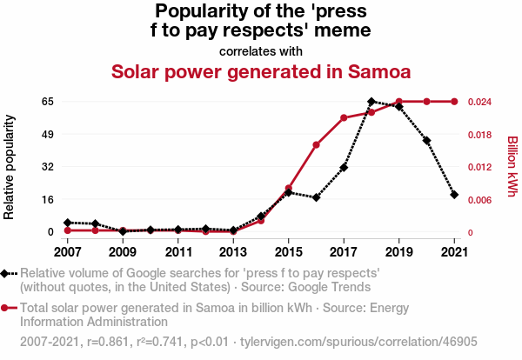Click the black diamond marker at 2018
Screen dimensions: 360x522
click(x=371, y=102)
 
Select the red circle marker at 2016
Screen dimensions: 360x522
click(x=316, y=145)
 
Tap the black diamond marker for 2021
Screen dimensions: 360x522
click(x=454, y=195)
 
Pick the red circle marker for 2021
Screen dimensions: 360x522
click(x=454, y=102)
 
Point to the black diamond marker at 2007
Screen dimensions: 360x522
click(x=68, y=223)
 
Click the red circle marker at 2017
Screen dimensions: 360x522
click(x=344, y=117)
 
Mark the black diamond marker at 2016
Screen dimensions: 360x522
click(x=316, y=197)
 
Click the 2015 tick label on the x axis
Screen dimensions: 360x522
click(x=288, y=252)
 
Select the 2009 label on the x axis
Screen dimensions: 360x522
click(x=123, y=252)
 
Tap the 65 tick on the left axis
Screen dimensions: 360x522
click(x=47, y=102)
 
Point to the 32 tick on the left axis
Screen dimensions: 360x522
click(x=47, y=167)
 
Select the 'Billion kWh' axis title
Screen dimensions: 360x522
click(x=512, y=167)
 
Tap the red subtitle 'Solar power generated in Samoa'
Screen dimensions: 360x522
click(x=260, y=71)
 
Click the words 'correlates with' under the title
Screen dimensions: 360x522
click(x=260, y=50)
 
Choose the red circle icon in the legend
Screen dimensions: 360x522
click(x=6, y=308)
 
